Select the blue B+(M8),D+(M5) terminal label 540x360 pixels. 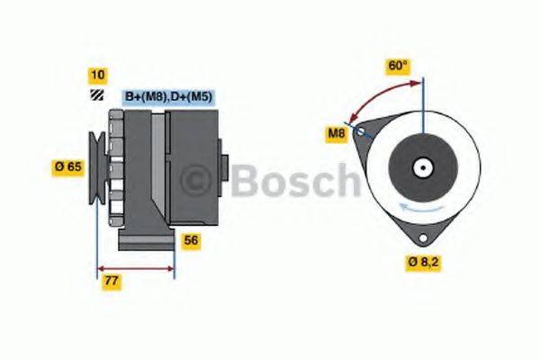[168, 96]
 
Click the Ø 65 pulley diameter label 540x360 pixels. [68, 166]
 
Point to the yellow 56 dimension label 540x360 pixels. [191, 240]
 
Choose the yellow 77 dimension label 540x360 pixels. [112, 282]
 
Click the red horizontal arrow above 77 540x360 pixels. [135, 268]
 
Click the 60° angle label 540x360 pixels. [397, 66]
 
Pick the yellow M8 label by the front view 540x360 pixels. [336, 135]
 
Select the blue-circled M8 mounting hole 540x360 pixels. [361, 133]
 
